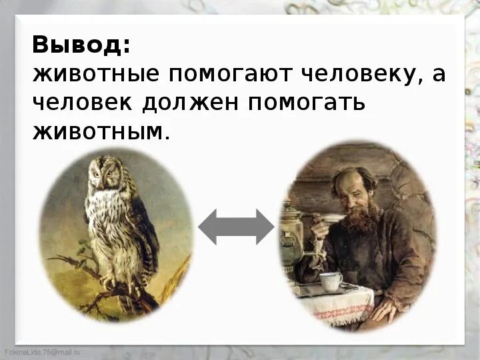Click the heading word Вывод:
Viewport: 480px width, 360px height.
click(x=81, y=45)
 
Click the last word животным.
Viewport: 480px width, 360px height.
click(x=100, y=131)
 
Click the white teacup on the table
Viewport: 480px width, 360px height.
click(x=330, y=280)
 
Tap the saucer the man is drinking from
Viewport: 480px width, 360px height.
click(x=333, y=218)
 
